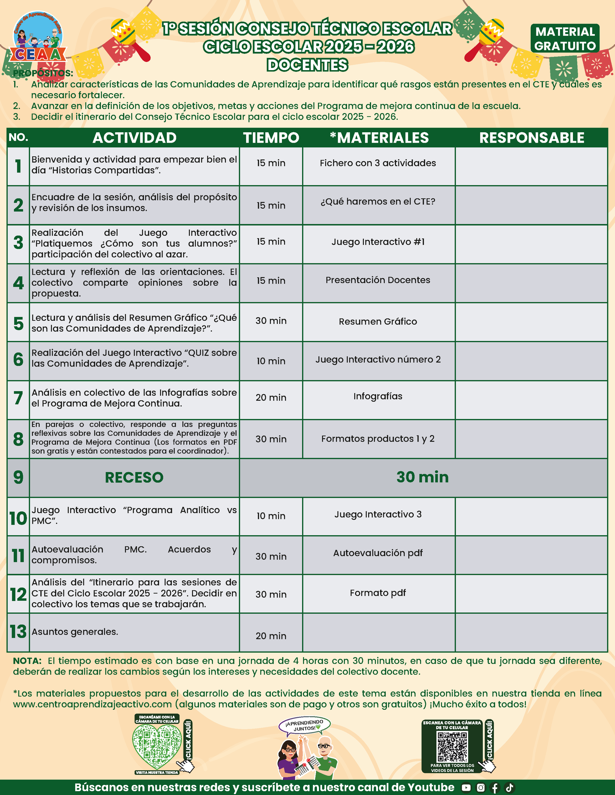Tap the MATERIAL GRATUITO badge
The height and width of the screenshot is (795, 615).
tap(565, 39)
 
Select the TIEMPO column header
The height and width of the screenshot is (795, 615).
tap(271, 138)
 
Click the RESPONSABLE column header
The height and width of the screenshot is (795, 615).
tap(532, 138)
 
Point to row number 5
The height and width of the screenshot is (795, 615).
tap(18, 323)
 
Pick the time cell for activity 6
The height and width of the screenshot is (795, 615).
tap(271, 361)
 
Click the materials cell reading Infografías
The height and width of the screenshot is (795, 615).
tap(378, 397)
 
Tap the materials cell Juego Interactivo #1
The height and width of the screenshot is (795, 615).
tap(378, 242)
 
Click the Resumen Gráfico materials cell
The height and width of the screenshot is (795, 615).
tap(378, 322)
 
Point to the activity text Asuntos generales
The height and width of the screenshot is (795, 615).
tap(75, 632)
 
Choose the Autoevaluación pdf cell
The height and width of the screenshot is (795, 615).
tap(378, 553)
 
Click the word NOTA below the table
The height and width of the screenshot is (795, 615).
tap(27, 661)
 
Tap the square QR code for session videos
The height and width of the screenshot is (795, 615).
tap(452, 747)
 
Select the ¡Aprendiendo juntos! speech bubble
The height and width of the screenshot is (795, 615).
tap(304, 725)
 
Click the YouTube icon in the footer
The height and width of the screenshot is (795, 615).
tap(466, 787)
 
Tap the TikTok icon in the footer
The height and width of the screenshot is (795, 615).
tap(509, 787)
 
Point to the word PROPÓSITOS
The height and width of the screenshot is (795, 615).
tap(43, 73)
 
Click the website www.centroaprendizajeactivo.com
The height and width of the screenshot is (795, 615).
tap(92, 704)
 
